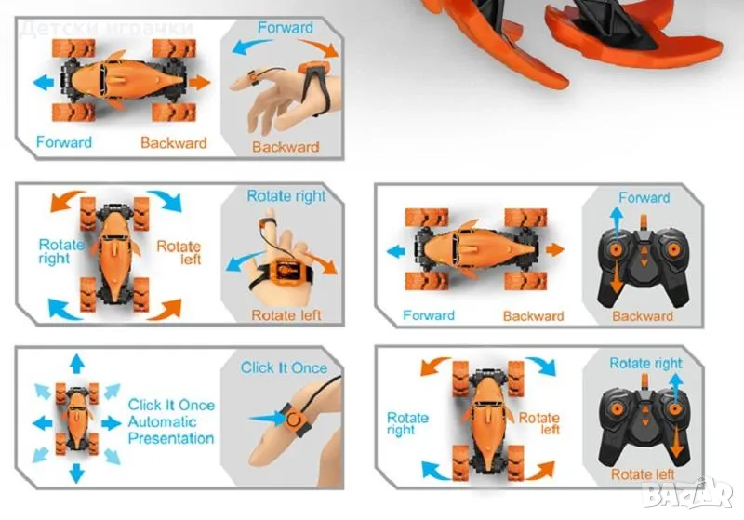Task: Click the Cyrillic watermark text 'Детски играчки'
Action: (107, 29)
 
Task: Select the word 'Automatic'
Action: (162, 421)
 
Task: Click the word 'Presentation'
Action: (171, 438)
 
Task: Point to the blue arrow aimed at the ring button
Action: (268, 418)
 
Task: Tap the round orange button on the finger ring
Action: (294, 420)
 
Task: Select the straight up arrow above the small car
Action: (76, 363)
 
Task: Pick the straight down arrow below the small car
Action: (76, 473)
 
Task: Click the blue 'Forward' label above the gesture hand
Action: (286, 28)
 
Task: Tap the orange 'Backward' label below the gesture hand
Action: (286, 147)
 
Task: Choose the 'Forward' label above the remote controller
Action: (644, 197)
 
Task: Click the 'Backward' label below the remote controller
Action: (643, 316)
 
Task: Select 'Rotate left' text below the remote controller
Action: (643, 474)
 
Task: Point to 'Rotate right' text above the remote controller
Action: (645, 364)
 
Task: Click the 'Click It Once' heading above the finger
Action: (284, 367)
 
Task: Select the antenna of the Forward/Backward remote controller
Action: (644, 222)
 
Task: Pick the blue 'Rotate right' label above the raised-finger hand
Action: (286, 196)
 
